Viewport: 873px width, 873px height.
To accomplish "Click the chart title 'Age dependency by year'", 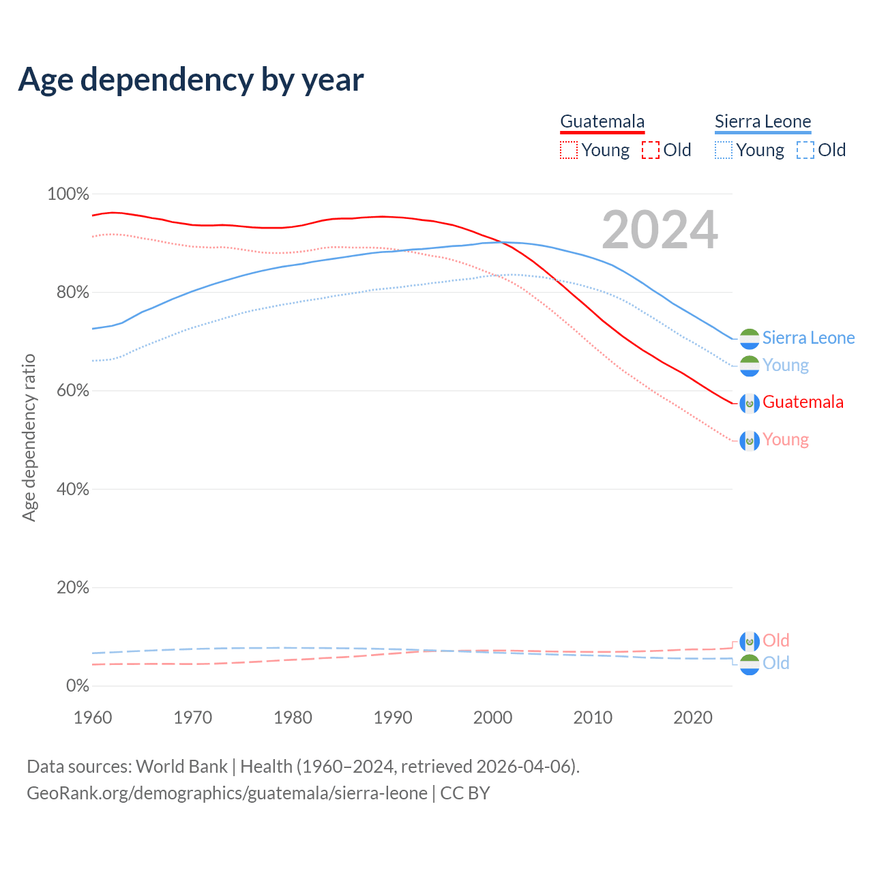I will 191,80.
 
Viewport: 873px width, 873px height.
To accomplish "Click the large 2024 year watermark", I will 660,230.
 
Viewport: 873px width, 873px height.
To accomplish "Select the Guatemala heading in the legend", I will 602,121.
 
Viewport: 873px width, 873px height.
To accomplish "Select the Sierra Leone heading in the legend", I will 763,121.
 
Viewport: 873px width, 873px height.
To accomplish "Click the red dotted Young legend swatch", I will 568,150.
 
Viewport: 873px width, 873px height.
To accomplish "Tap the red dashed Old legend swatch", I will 651,150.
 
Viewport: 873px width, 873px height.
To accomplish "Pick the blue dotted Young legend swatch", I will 724,150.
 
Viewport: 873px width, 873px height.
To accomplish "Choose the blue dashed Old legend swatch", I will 805,150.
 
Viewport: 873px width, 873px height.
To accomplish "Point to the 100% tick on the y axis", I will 68,194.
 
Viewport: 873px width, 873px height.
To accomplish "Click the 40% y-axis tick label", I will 72,490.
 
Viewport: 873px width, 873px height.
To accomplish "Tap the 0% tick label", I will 78,686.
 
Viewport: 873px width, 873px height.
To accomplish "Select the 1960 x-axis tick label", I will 93,717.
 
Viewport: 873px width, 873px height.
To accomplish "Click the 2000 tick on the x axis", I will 493,717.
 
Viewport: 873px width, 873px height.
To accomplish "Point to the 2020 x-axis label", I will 693,717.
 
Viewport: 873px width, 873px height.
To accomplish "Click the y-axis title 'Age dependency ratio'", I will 29,437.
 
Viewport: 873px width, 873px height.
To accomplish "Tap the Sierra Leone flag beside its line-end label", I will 750,338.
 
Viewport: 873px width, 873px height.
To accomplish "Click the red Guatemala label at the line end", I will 803,402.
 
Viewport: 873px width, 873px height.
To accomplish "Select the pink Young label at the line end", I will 786,440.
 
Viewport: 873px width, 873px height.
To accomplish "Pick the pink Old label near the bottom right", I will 775,640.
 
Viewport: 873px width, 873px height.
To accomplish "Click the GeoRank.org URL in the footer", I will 227,793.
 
